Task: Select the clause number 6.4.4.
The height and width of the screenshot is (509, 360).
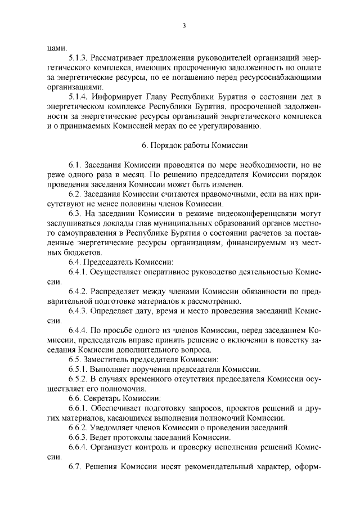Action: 79,330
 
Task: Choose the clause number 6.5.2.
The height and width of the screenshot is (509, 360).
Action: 79,379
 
